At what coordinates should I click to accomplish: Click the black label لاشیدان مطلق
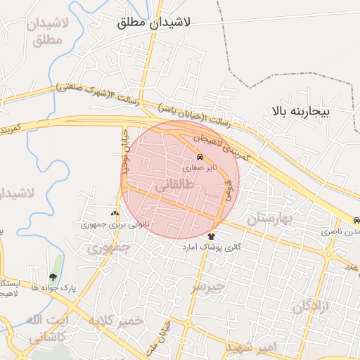pyautogui.click(x=151, y=23)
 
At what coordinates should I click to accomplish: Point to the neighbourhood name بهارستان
pyautogui.click(x=272, y=219)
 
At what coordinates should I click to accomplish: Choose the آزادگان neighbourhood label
pyautogui.click(x=311, y=307)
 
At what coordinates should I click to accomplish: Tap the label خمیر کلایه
pyautogui.click(x=115, y=320)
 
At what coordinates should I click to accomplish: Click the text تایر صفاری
pyautogui.click(x=201, y=169)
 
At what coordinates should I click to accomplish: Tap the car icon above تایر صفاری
pyautogui.click(x=201, y=157)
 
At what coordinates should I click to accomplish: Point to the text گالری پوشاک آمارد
pyautogui.click(x=212, y=247)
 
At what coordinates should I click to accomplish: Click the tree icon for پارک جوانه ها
pyautogui.click(x=53, y=277)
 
